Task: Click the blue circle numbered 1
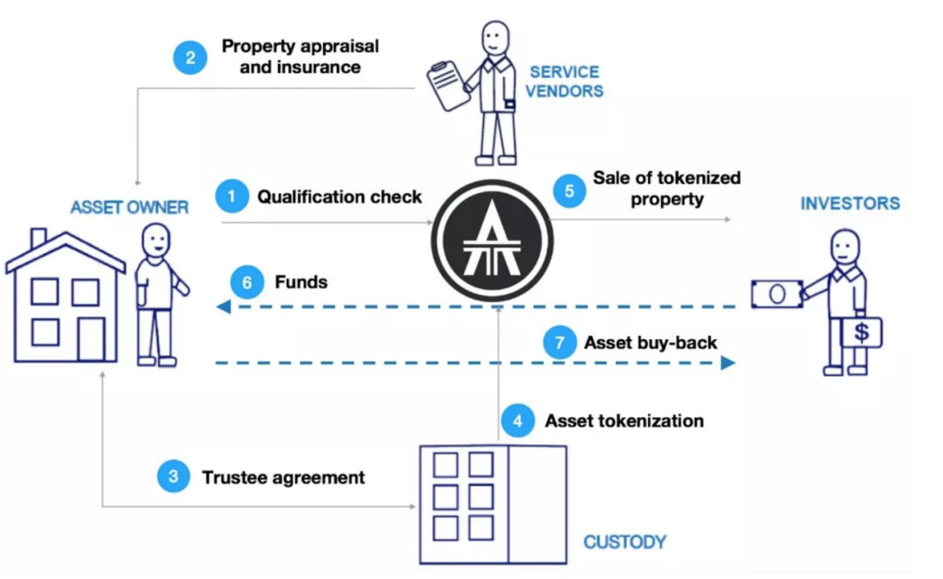pos(231,197)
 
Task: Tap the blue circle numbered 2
pos(190,57)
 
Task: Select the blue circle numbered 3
pos(173,477)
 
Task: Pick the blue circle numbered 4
pos(516,421)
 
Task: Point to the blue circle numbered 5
pos(569,190)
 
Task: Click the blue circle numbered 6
pos(247,282)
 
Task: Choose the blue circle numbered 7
pos(560,343)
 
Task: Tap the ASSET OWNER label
pos(129,208)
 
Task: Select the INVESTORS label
pos(849,204)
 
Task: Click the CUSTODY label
pos(624,542)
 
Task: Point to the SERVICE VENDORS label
pos(563,81)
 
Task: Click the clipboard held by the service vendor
pos(446,87)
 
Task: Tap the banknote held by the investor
pos(776,293)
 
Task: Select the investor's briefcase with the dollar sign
pos(861,333)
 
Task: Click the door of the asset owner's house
pos(90,338)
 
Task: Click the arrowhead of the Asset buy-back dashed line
pos(728,363)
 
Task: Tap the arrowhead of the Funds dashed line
pos(223,306)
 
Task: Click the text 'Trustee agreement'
pos(283,478)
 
